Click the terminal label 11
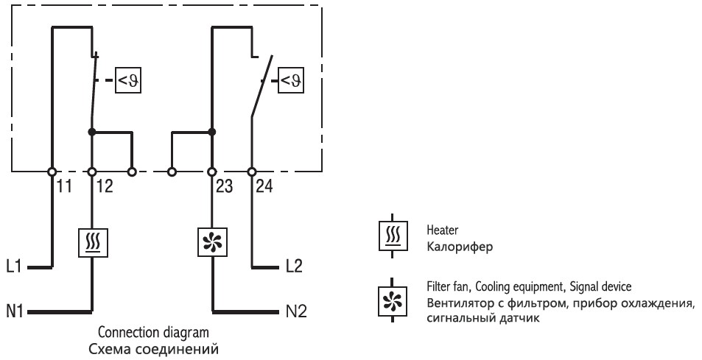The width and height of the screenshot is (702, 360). point(65,187)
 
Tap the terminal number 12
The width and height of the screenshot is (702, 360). point(104,187)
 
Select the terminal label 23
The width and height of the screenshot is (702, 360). point(224,187)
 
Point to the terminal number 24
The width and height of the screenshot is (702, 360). point(264,187)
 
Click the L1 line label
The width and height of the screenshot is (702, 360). point(14,266)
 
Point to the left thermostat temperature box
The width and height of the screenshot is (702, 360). point(128,81)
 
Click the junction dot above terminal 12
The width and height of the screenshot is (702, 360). point(92,133)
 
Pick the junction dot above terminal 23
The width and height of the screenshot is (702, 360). point(212,133)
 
